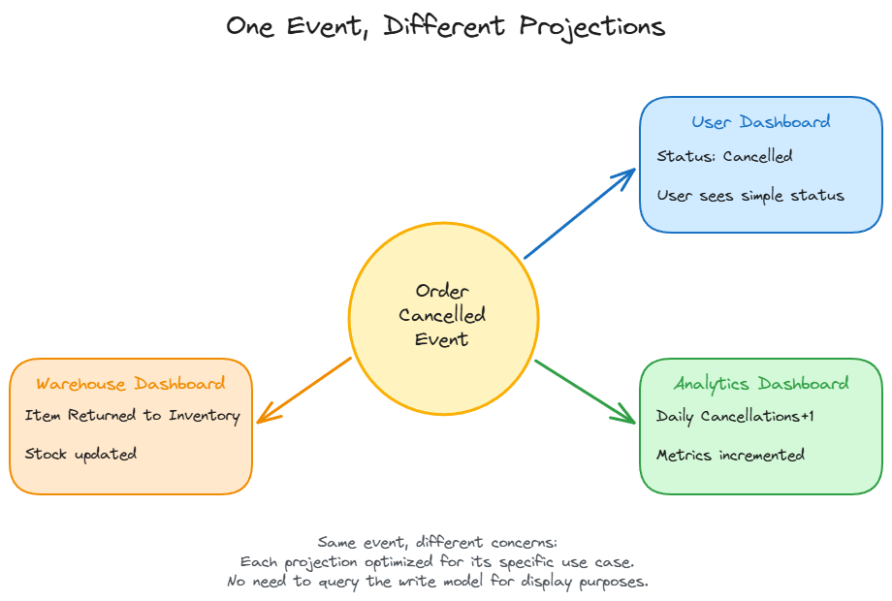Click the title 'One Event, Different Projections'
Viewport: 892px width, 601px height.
(445, 26)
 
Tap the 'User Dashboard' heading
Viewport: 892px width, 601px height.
(760, 122)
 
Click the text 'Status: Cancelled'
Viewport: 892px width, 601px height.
(724, 156)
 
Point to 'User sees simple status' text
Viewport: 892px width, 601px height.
(749, 196)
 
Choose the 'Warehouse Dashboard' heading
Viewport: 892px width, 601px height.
(131, 384)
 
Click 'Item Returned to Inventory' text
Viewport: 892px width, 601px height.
(132, 416)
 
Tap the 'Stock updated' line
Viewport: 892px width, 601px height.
(80, 454)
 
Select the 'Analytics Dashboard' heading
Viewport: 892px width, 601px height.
(760, 384)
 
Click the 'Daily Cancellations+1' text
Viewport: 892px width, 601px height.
(735, 416)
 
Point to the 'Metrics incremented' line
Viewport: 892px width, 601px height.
(730, 455)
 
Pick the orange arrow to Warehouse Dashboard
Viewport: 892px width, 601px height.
(304, 390)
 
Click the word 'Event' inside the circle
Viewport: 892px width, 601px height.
(442, 340)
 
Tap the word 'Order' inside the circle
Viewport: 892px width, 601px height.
(442, 291)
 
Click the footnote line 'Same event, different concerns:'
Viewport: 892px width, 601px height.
(437, 542)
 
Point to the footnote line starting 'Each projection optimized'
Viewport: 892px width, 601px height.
(437, 562)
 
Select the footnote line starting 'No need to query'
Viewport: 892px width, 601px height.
(437, 582)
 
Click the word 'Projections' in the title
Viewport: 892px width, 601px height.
(591, 27)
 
